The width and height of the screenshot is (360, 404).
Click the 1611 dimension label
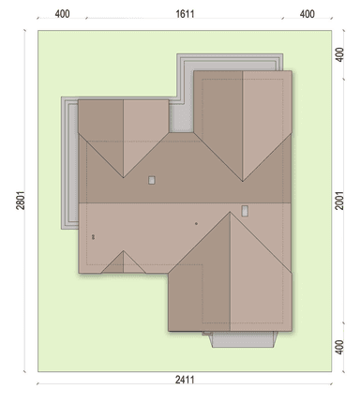pyautogui.click(x=185, y=14)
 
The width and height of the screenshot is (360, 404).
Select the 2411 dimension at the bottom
pyautogui.click(x=185, y=380)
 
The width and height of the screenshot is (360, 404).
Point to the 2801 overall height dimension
pyautogui.click(x=21, y=201)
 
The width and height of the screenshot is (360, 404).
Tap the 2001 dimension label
pyautogui.click(x=339, y=201)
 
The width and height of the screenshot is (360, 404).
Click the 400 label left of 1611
pyautogui.click(x=62, y=14)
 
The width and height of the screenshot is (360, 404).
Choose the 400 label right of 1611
pyautogui.click(x=307, y=14)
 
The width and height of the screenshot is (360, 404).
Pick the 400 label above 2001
pyautogui.click(x=339, y=54)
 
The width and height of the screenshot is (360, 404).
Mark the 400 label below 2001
pyautogui.click(x=339, y=347)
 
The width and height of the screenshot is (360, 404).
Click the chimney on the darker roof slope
pyautogui.click(x=152, y=180)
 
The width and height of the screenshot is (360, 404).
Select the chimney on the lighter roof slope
pyautogui.click(x=245, y=211)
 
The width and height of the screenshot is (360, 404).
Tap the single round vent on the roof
pyautogui.click(x=196, y=224)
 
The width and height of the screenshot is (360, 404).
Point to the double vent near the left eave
pyautogui.click(x=93, y=237)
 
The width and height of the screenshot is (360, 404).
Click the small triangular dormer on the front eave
pyautogui.click(x=124, y=264)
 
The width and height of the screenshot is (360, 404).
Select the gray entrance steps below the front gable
pyautogui.click(x=244, y=339)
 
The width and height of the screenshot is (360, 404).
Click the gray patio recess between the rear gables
pyautogui.click(x=181, y=118)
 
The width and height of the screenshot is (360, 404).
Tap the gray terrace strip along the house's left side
pyautogui.click(x=69, y=163)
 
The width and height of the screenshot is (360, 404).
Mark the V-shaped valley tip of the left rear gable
pyautogui.click(x=124, y=178)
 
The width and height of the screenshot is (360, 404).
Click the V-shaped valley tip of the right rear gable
pyautogui.click(x=243, y=181)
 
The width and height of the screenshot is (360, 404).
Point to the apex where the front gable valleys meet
pyautogui.click(x=231, y=212)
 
